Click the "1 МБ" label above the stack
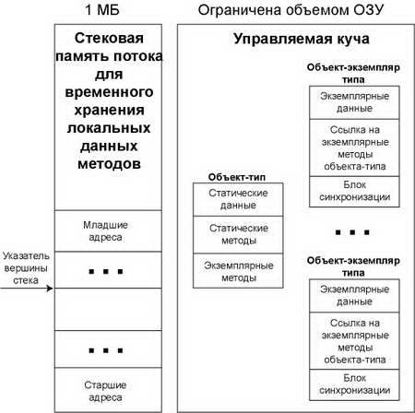pyautogui.click(x=102, y=10)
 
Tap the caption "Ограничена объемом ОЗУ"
pyautogui.click(x=290, y=10)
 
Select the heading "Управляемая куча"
pyautogui.click(x=302, y=39)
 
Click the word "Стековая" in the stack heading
pyautogui.click(x=109, y=38)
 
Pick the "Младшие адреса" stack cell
pyautogui.click(x=108, y=231)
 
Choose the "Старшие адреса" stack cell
pyautogui.click(x=108, y=390)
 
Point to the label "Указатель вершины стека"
pyautogui.click(x=26, y=268)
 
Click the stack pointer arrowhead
pyautogui.click(x=50, y=289)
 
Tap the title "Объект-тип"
pyautogui.click(x=237, y=177)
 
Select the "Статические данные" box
pyautogui.click(x=238, y=199)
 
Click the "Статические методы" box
pyautogui.click(x=238, y=235)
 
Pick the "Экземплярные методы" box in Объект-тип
pyautogui.click(x=238, y=271)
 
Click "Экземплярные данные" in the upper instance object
pyautogui.click(x=354, y=102)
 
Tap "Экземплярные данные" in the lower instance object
pyautogui.click(x=354, y=296)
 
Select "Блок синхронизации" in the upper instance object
pyautogui.click(x=354, y=192)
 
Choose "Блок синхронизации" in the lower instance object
pyautogui.click(x=354, y=384)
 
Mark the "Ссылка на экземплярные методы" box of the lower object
pyautogui.click(x=354, y=341)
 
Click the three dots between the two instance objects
pyautogui.click(x=352, y=232)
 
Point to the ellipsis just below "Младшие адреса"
pyautogui.click(x=106, y=272)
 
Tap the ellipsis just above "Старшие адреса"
pyautogui.click(x=106, y=350)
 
